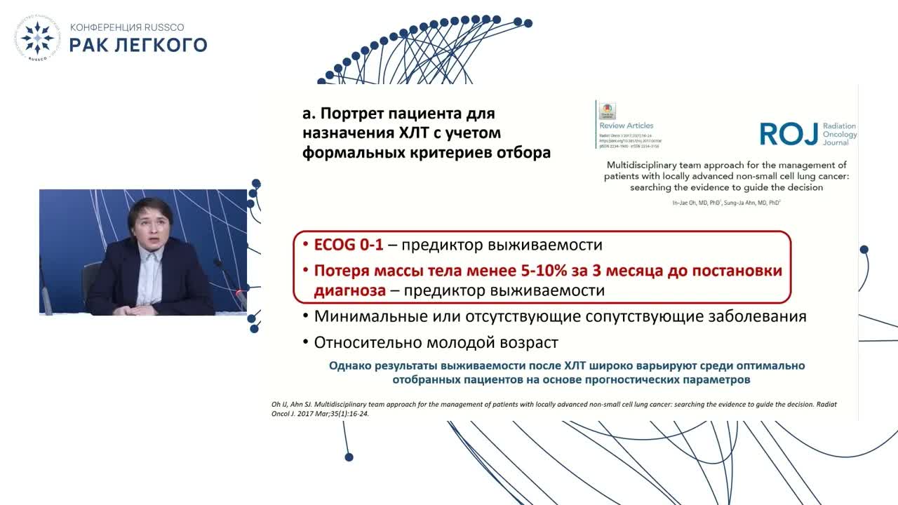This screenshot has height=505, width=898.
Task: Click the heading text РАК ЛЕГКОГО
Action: (138, 46)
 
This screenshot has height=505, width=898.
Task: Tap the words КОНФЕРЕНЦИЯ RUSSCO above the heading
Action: (127, 27)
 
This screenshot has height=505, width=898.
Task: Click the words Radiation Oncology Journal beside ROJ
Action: (839, 134)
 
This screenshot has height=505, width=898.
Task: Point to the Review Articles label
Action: (626, 126)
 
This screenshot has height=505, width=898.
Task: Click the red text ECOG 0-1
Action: (349, 245)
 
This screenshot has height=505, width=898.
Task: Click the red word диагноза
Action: (349, 290)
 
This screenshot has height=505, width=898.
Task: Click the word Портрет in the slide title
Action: (351, 113)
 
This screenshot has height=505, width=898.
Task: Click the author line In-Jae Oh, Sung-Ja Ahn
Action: (726, 202)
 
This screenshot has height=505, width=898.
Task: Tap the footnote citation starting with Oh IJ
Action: (554, 409)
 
